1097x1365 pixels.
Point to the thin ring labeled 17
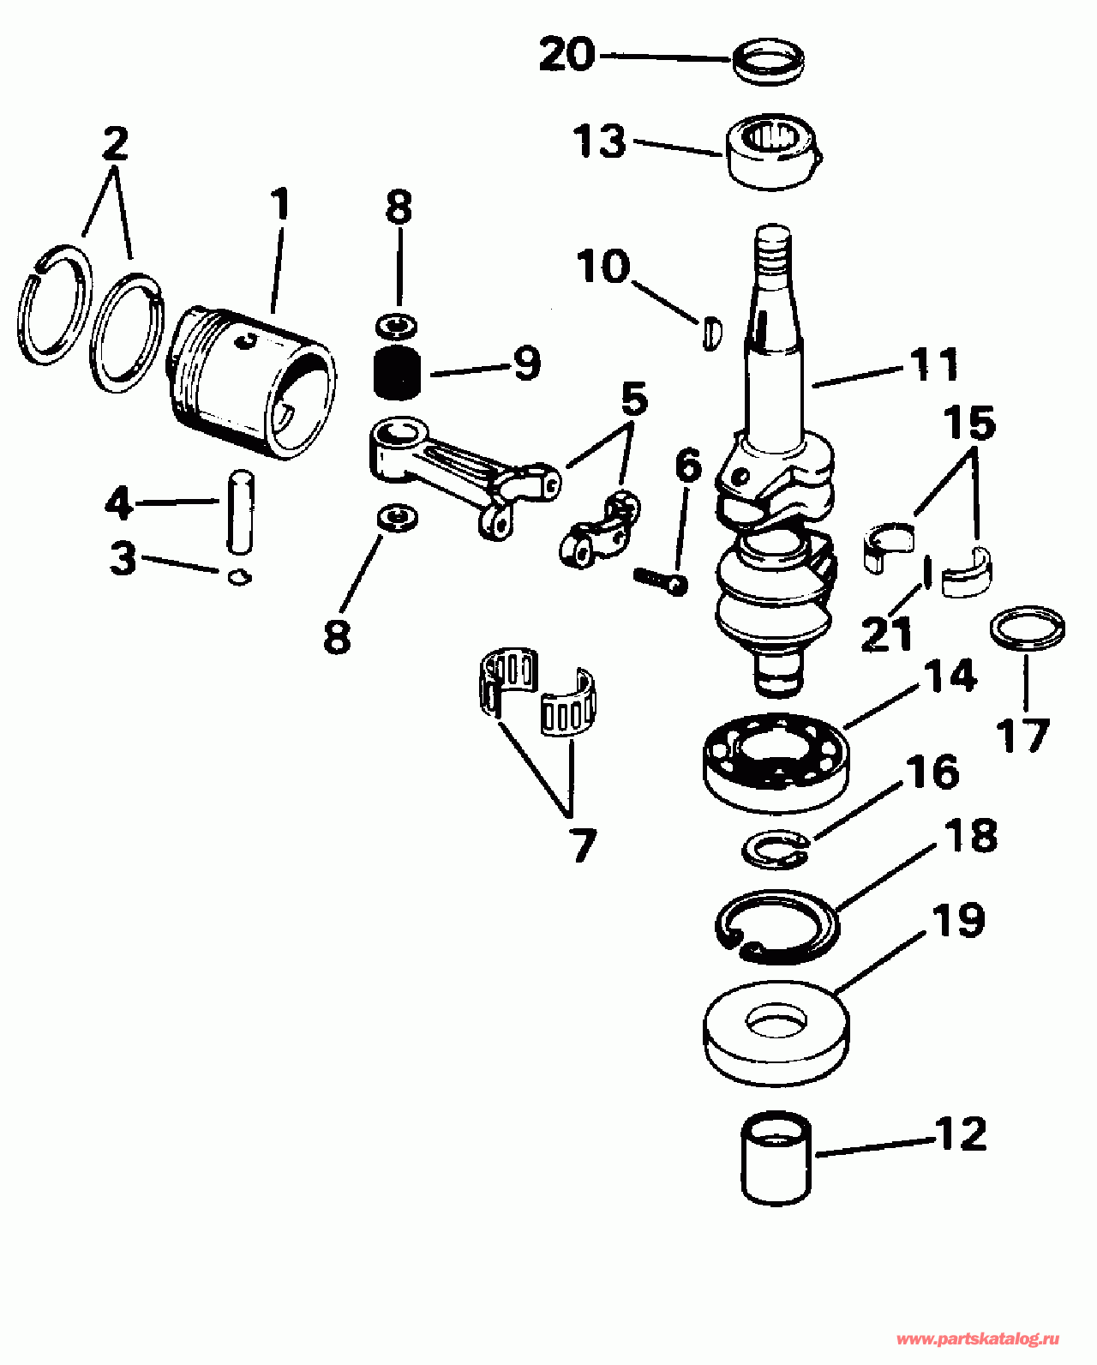[x=1028, y=628]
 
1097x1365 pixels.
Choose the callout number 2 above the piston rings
[x=116, y=142]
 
